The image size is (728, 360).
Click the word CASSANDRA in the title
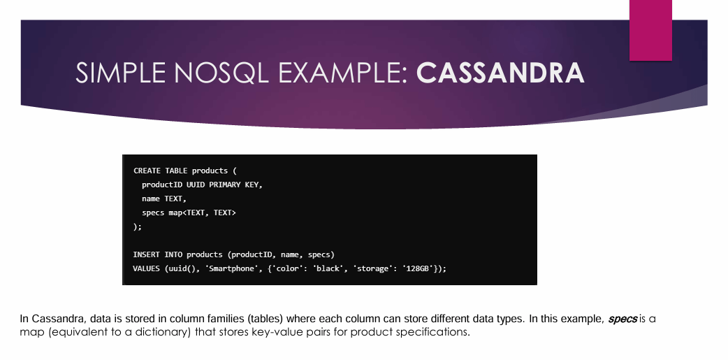click(500, 73)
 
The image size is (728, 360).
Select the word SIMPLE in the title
click(120, 73)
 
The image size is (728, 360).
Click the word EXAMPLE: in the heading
click(342, 73)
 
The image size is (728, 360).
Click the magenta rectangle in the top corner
click(650, 30)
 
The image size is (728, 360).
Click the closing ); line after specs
click(138, 226)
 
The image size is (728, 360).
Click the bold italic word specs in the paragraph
click(622, 319)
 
